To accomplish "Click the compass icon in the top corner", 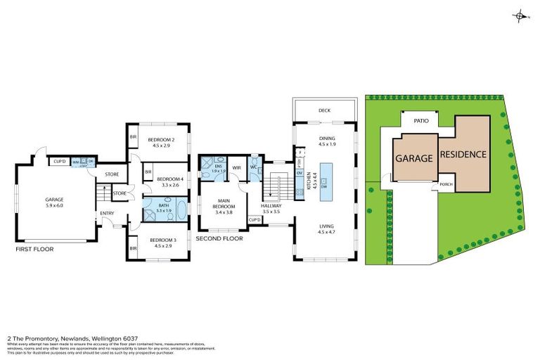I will pos(520,15).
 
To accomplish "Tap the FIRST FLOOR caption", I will pos(34,249).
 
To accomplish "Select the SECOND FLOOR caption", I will pos(219,238).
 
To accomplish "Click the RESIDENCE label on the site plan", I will pos(463,154).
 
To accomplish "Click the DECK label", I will pos(324,110).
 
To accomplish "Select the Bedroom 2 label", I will pos(161,143).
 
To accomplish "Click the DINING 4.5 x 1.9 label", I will pos(327,141).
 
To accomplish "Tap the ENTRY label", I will pos(107,214).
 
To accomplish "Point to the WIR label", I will pos(236,167).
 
